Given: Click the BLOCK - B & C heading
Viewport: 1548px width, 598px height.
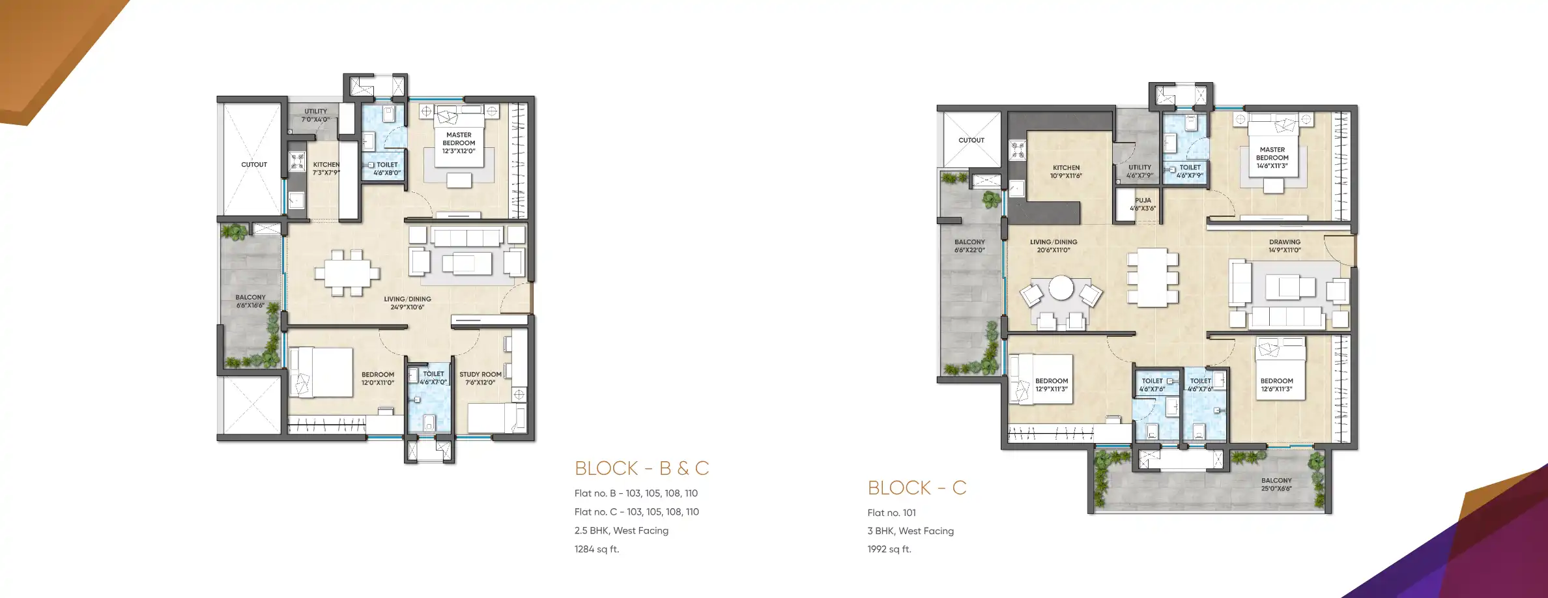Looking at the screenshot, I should (x=641, y=468).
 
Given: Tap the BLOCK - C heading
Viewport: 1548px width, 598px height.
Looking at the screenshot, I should (x=917, y=488).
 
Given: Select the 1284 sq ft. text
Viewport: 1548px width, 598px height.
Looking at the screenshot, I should (x=597, y=549).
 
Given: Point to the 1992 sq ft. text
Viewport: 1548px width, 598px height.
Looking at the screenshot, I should (x=889, y=549).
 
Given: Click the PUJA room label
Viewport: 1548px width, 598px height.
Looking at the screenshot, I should (x=1143, y=205).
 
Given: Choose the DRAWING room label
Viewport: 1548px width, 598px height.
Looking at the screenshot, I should (x=1284, y=246).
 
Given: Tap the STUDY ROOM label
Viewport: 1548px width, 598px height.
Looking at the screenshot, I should (x=480, y=378).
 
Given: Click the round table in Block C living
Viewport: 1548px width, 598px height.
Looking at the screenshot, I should (x=1061, y=287).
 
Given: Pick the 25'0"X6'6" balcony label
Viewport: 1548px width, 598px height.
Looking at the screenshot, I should (x=1276, y=485).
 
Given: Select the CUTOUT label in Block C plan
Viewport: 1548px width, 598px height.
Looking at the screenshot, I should (x=971, y=140).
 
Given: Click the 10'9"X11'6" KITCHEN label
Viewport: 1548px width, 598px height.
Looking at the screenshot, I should (x=1066, y=172).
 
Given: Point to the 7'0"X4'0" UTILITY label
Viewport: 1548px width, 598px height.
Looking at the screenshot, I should (x=315, y=115).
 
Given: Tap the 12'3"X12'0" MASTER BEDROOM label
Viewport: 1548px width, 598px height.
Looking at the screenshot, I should (x=459, y=143).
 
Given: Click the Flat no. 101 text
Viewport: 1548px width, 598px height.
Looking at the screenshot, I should (x=891, y=513).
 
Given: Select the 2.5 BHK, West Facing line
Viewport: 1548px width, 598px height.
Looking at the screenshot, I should (x=621, y=530).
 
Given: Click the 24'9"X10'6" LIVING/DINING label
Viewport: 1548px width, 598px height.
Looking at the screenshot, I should (x=407, y=303).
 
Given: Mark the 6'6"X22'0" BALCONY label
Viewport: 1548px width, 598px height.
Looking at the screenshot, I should (x=969, y=246).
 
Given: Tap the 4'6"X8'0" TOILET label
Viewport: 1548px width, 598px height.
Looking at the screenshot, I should (x=387, y=169).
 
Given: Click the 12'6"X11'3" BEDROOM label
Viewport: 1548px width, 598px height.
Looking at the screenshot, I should (x=1276, y=385).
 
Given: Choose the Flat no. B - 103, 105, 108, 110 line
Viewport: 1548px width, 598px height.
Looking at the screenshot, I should (x=636, y=493).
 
